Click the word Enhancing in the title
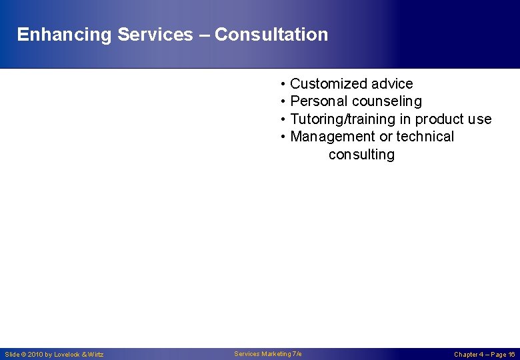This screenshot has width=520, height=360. (64, 35)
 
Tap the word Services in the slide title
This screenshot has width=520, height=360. (155, 35)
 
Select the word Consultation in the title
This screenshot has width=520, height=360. (271, 35)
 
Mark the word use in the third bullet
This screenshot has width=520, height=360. (479, 119)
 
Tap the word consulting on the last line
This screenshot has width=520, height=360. (361, 155)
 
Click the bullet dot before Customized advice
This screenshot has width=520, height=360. (283, 84)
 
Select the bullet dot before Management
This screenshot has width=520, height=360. (283, 137)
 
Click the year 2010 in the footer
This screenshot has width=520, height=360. (35, 355)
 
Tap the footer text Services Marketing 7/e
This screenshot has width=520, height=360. (268, 354)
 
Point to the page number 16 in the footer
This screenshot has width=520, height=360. (511, 355)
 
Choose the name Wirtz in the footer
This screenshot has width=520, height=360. (95, 355)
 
